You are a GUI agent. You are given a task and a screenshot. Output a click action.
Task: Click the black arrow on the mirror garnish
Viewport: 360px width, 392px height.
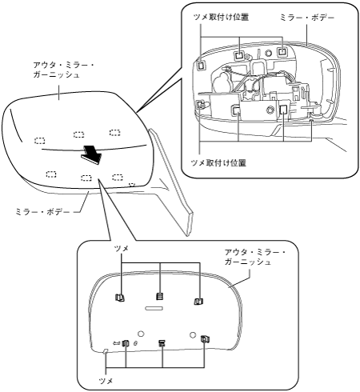(91, 155)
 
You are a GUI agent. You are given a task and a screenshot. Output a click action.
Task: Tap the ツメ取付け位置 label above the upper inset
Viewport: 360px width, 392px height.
(221, 18)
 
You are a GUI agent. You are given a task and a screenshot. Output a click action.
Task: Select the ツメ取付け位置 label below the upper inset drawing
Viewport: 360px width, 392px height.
(218, 162)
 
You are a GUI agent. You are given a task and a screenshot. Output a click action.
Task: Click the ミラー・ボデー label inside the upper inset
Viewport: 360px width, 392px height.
(307, 18)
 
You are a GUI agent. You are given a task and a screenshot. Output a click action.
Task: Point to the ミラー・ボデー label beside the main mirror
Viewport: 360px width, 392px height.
(42, 212)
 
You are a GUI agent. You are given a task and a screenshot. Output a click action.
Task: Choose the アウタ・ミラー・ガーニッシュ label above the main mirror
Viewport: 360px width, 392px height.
(63, 70)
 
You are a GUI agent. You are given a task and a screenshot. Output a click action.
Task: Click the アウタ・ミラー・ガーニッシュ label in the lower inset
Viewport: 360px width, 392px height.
(255, 257)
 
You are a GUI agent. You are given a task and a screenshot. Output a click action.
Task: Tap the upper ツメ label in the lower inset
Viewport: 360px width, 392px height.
(122, 249)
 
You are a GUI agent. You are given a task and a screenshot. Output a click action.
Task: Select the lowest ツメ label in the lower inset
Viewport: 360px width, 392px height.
(106, 381)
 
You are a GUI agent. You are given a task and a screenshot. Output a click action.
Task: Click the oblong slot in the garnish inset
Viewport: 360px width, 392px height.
(154, 308)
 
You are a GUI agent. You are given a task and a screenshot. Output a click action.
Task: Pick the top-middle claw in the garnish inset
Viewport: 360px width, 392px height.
(159, 296)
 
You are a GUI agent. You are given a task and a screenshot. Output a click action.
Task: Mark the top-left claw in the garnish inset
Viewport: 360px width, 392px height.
(119, 298)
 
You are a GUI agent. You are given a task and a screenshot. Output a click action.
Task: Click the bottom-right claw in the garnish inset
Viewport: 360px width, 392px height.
(205, 338)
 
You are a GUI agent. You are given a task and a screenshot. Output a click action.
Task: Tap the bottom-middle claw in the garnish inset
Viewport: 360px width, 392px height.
(162, 343)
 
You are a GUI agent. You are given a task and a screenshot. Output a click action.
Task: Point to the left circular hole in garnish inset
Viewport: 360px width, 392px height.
(141, 334)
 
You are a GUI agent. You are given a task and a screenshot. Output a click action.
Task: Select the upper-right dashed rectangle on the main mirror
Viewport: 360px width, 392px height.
(115, 132)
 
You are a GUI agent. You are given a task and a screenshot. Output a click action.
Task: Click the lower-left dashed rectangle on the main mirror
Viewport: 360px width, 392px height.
(51, 174)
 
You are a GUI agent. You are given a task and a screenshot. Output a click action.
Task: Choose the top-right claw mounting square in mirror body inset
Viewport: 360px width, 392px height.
(282, 51)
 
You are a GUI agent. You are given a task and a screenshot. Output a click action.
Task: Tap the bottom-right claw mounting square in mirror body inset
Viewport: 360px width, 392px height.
(283, 109)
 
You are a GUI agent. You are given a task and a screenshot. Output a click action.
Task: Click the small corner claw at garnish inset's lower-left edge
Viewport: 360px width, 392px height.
(106, 351)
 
